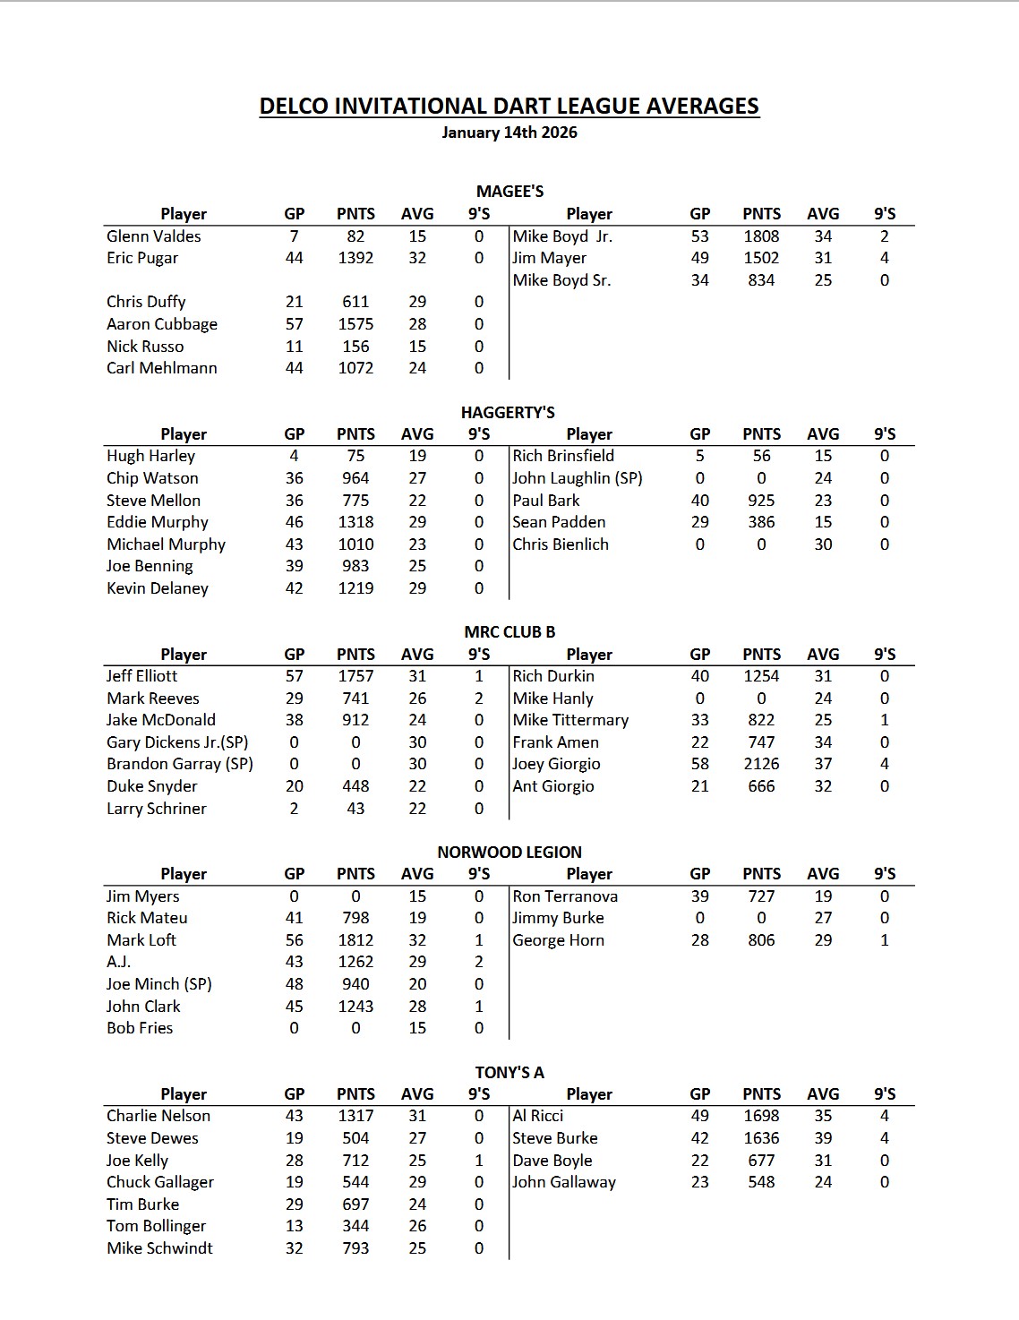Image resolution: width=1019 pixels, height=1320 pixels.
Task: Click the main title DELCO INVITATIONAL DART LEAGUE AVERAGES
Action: pos(509,107)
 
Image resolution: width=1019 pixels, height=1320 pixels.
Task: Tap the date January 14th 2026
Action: pos(509,133)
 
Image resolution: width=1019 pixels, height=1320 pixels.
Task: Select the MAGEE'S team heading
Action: pos(509,191)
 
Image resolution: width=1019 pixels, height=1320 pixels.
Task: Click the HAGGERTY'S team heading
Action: pos(508,412)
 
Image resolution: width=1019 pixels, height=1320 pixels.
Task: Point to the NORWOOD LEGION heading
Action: pos(509,852)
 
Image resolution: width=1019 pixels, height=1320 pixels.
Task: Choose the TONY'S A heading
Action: pos(509,1072)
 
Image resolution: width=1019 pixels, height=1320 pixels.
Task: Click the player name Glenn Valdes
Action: pos(153,236)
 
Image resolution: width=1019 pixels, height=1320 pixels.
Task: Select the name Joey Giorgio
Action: pos(556,764)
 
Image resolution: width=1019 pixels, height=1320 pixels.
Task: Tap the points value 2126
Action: pos(761,764)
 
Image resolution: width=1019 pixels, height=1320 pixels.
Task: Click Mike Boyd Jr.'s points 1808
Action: pos(761,236)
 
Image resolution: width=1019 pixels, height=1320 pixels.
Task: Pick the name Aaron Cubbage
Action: pos(161,324)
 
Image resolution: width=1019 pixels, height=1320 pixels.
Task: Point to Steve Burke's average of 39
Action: pos(823,1138)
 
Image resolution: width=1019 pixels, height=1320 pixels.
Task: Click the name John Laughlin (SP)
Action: pos(578,478)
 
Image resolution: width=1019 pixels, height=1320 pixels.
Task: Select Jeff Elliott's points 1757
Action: pos(355,676)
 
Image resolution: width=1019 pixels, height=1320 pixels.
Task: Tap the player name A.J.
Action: pos(118,962)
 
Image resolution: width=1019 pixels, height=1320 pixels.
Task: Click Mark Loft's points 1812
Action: pos(355,940)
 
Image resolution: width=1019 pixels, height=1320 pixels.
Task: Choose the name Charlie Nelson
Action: pos(158,1116)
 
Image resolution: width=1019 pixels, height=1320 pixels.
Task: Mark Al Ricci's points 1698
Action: pos(761,1116)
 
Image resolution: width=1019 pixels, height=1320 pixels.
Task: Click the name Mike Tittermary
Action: pos(570,720)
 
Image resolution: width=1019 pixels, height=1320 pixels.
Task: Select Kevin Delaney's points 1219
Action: pos(355,588)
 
